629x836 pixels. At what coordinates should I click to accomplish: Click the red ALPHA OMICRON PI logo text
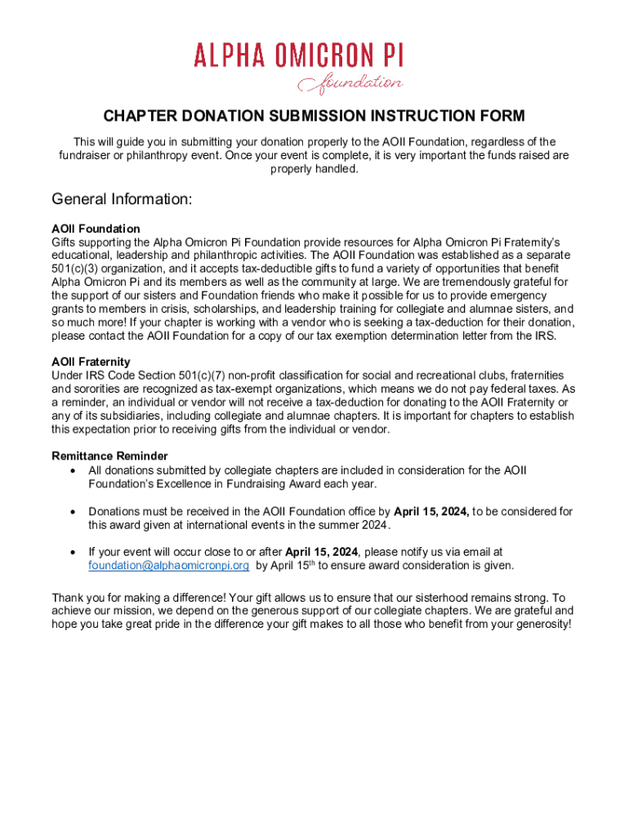[x=299, y=56]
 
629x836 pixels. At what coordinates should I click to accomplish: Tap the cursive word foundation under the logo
[x=350, y=83]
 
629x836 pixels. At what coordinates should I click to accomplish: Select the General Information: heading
[x=122, y=199]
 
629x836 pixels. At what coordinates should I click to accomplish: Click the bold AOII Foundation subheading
[x=96, y=229]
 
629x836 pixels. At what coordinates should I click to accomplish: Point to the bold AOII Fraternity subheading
[x=91, y=362]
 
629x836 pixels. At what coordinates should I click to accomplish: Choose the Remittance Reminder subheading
[x=109, y=456]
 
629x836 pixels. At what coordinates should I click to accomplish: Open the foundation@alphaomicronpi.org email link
[x=168, y=565]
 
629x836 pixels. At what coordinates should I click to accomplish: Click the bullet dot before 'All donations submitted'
[x=74, y=470]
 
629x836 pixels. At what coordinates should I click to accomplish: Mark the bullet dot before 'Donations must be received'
[x=74, y=512]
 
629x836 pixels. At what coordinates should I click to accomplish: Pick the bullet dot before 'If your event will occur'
[x=74, y=553]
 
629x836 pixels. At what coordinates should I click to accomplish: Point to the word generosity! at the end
[x=540, y=625]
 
